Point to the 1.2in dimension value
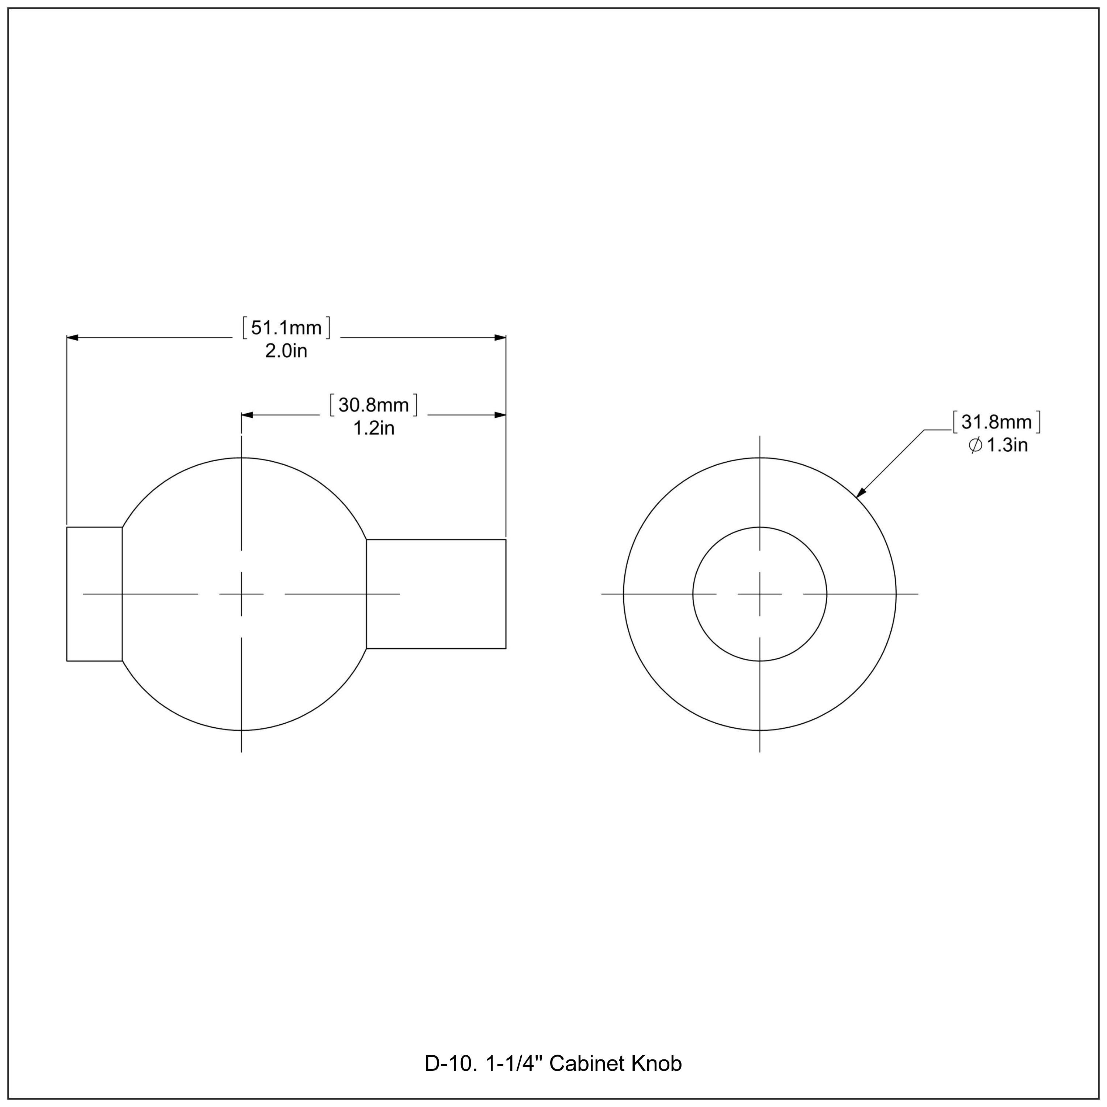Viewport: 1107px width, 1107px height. tap(373, 428)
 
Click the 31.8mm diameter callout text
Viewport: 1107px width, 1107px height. tap(996, 422)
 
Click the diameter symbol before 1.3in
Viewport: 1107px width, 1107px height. tap(975, 446)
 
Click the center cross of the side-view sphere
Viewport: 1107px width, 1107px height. tap(241, 594)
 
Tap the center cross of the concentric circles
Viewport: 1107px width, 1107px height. tap(760, 594)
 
